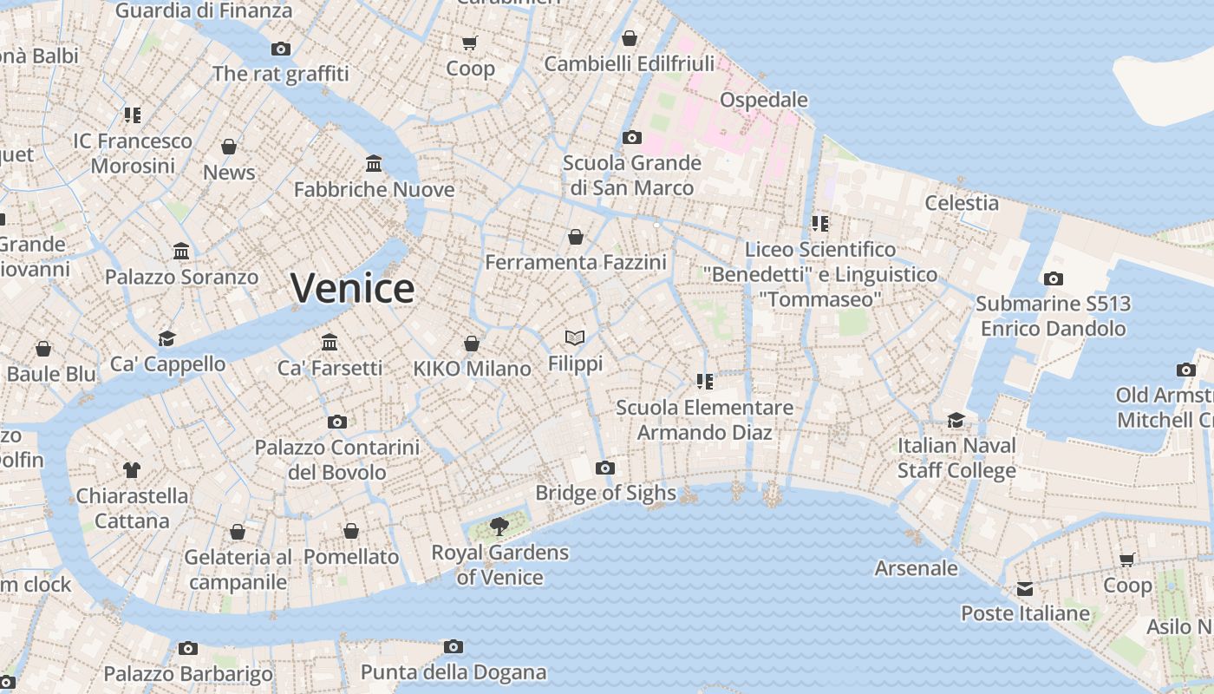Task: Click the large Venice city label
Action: point(352,288)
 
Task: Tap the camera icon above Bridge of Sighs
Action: point(605,468)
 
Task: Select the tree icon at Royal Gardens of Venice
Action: point(499,526)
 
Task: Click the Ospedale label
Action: point(764,100)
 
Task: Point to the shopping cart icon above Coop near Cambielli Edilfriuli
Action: point(470,43)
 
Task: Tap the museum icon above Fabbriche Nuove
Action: point(374,163)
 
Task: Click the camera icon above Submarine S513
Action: point(1054,278)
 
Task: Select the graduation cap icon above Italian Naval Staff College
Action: point(956,420)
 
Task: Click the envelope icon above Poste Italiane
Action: point(1025,589)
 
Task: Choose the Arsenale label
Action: point(917,568)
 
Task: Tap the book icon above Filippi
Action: point(575,337)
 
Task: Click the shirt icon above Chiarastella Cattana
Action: point(131,470)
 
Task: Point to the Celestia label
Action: point(962,203)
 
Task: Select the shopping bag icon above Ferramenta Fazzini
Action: point(575,237)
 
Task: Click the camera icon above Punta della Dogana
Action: point(453,646)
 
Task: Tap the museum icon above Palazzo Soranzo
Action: point(181,252)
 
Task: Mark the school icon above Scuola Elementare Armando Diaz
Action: point(704,382)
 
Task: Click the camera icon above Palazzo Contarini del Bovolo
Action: point(337,422)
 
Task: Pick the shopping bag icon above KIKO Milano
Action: point(472,344)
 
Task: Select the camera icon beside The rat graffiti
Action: point(281,49)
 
